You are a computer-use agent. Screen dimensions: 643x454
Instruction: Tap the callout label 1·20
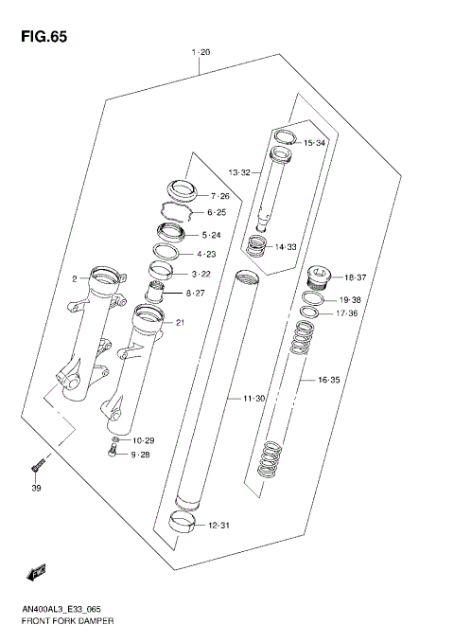[201, 53]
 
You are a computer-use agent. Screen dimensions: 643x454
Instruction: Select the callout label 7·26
[219, 195]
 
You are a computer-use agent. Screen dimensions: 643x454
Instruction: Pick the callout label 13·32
[239, 172]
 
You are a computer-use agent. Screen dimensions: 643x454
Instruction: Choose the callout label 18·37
[354, 277]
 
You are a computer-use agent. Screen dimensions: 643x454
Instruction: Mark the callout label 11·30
[253, 400]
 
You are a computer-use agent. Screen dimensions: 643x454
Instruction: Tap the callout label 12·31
[218, 526]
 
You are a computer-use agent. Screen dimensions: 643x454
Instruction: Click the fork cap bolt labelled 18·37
[317, 279]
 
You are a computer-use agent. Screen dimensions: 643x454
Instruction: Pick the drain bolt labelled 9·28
[112, 455]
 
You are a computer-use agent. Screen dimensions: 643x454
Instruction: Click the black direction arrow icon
[37, 572]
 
